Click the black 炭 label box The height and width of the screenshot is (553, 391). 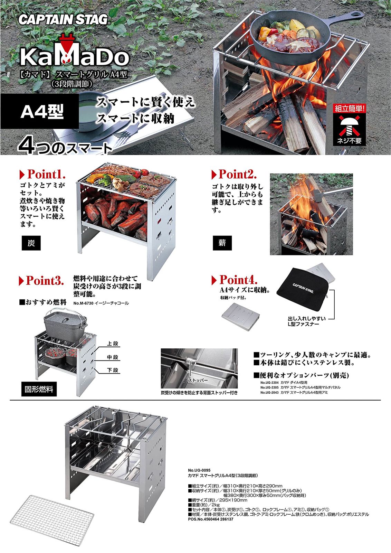click(31, 243)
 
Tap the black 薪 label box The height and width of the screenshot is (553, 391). click(222, 243)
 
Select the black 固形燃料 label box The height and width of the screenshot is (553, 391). click(39, 389)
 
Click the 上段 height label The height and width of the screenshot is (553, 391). click(113, 344)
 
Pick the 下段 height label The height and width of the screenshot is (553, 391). click(113, 370)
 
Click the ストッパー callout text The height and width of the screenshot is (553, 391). click(198, 381)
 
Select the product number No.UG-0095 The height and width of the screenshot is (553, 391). click(199, 470)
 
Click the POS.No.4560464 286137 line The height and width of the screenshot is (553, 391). click(210, 519)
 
